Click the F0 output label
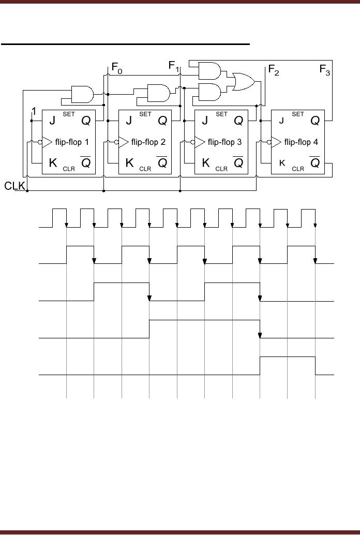[117, 68]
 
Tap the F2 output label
[274, 70]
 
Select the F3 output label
[325, 70]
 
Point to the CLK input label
[15, 186]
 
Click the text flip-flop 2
[148, 142]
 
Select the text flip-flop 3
[225, 142]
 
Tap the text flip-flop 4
[302, 142]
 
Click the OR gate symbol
[243, 81]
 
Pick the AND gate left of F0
[82, 95]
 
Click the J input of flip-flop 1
[52, 121]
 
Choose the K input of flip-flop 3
[205, 164]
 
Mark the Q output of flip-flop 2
[162, 121]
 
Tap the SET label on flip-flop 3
[221, 114]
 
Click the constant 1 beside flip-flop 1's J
[34, 111]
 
